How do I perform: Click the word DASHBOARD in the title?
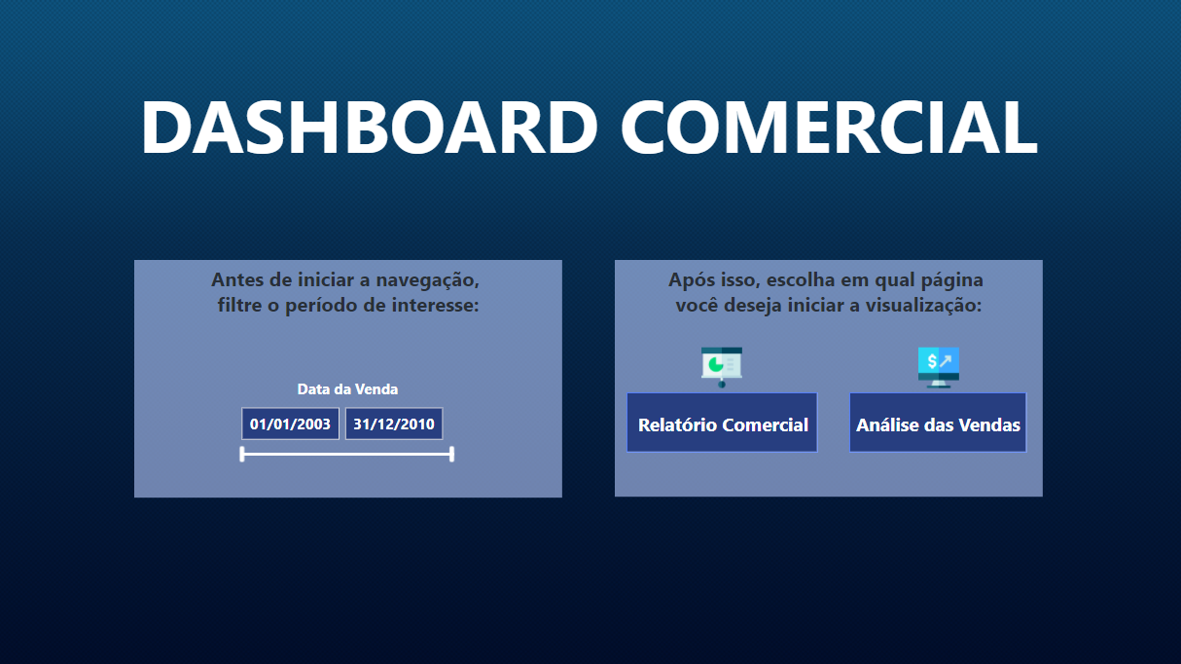(x=368, y=128)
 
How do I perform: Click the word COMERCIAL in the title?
(x=829, y=128)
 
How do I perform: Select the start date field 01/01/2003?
(x=290, y=424)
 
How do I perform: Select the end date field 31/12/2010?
(x=394, y=424)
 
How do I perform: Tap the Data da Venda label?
(x=347, y=389)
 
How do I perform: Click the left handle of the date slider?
(x=242, y=454)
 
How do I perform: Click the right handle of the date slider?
(x=452, y=454)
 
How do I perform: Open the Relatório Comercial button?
(x=723, y=424)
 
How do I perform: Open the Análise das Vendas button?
(x=938, y=424)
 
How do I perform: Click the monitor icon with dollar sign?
(x=939, y=365)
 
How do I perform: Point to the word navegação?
(x=429, y=280)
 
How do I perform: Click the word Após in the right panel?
(x=689, y=280)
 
